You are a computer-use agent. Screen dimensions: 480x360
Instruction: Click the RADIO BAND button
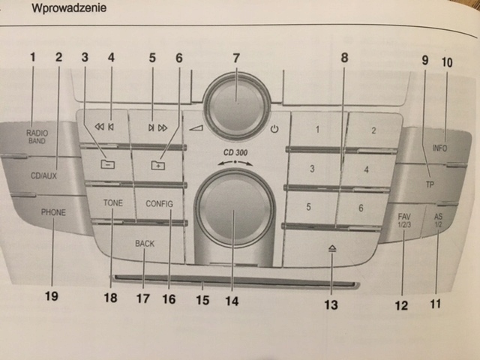coord(37,136)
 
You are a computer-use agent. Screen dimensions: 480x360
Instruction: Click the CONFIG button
coord(159,203)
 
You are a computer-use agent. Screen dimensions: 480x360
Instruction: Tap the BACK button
coord(145,244)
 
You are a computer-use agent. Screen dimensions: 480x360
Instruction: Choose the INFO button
coord(439,148)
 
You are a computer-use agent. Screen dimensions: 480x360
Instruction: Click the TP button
coord(429,184)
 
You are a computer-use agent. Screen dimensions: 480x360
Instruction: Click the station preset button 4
coord(366,170)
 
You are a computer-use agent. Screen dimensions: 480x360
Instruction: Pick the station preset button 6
coord(361,207)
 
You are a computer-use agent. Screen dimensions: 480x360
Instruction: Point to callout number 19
coord(51,295)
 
